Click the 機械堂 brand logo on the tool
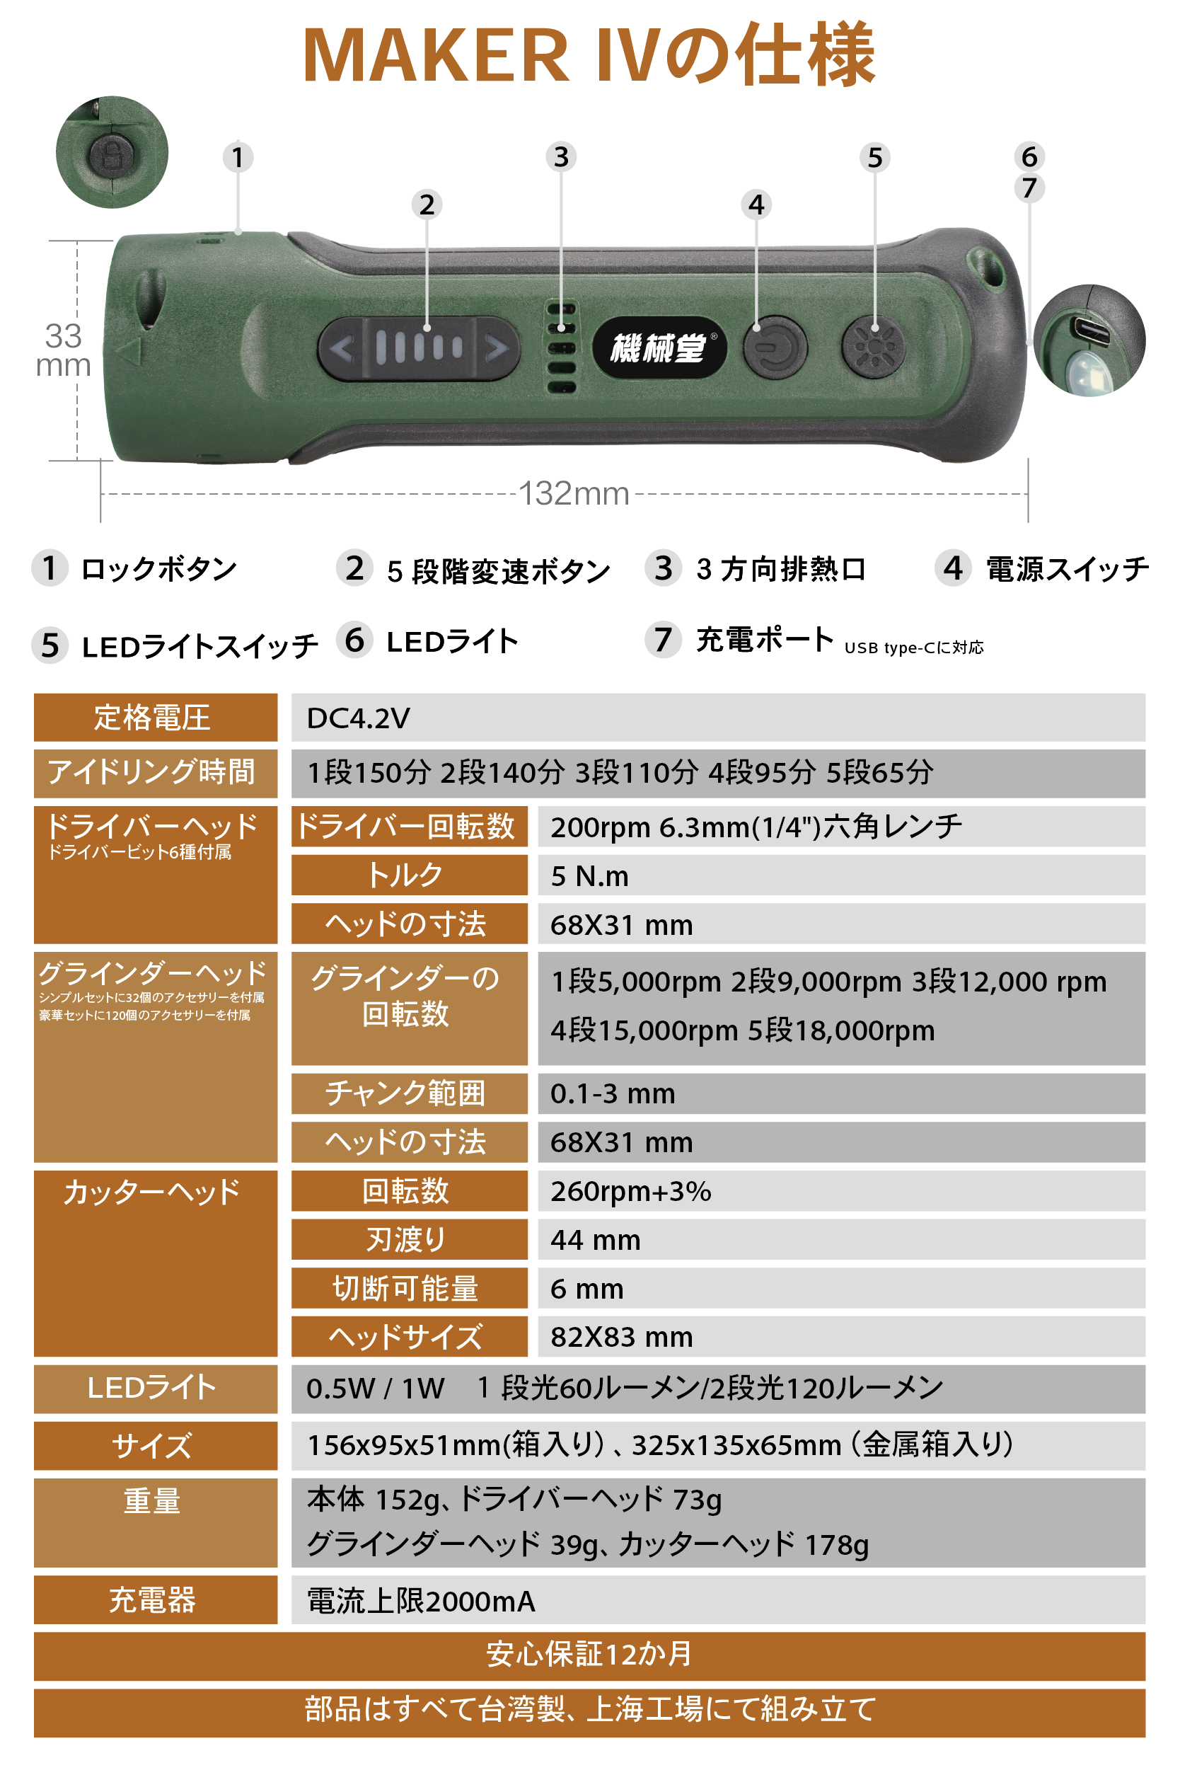[659, 347]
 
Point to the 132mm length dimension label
[574, 494]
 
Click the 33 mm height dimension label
[63, 350]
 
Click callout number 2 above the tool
[427, 205]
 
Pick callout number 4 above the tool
[756, 205]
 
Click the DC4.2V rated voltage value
[358, 718]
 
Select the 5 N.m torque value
[589, 876]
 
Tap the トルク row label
[405, 875]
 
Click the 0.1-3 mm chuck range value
[613, 1094]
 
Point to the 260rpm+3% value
[630, 1192]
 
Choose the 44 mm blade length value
[595, 1240]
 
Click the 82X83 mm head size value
[622, 1337]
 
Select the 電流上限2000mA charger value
[421, 1602]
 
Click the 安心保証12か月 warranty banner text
[589, 1654]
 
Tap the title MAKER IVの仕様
[589, 54]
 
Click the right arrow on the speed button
[496, 349]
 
